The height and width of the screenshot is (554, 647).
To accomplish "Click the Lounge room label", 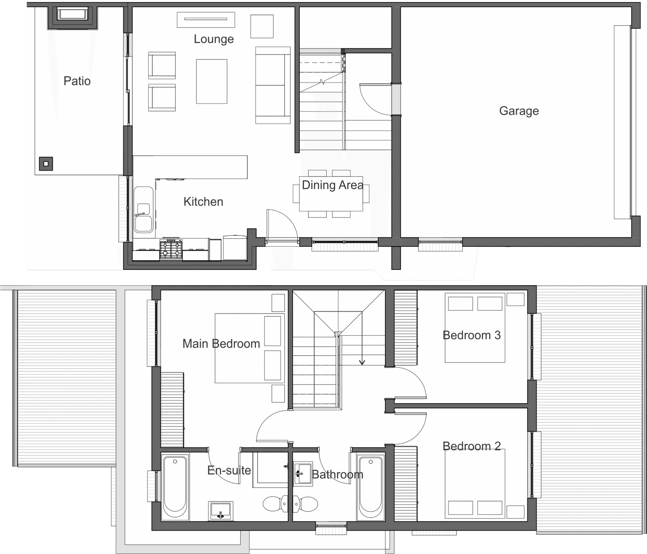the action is click(214, 39).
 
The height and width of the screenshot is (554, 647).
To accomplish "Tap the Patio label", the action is click(77, 81).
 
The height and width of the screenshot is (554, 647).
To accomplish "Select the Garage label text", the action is click(519, 111).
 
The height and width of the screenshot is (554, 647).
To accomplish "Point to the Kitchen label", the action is click(203, 202).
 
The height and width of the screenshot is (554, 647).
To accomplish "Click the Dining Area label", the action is click(332, 185).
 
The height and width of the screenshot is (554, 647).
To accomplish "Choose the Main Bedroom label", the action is click(221, 344).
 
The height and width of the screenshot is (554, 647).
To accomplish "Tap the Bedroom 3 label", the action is click(472, 335).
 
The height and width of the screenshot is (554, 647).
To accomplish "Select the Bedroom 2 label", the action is click(472, 446).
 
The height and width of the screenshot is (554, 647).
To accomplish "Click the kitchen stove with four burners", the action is click(171, 249).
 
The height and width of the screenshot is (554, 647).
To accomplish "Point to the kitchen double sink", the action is click(144, 209).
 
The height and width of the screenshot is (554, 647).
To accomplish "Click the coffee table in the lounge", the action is click(211, 81).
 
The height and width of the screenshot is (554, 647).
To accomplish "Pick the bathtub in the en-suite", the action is click(175, 487).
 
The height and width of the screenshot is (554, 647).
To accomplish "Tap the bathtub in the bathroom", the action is click(371, 487).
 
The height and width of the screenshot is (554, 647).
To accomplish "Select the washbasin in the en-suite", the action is click(220, 511).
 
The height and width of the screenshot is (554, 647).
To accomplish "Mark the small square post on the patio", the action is click(46, 164).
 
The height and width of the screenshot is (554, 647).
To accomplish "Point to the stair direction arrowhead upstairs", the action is click(362, 362).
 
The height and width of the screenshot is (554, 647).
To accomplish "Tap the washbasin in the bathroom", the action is click(303, 473).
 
